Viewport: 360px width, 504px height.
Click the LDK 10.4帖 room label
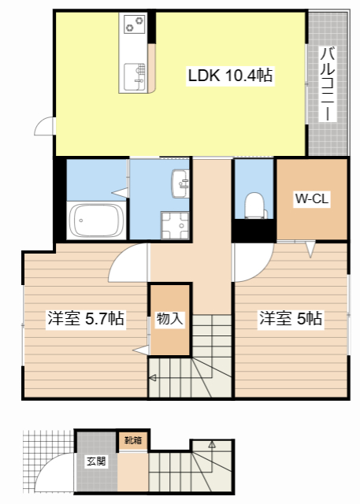(230, 76)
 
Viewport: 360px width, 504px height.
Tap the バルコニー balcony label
(328, 84)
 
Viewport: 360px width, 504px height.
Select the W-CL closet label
(312, 199)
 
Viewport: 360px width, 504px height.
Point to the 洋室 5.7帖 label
(86, 319)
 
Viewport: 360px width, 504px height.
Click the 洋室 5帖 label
(290, 319)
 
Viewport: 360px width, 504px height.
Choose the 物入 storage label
(169, 319)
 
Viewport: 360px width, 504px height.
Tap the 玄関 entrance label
(96, 461)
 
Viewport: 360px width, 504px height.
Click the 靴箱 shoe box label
(133, 440)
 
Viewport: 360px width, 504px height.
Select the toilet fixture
(255, 206)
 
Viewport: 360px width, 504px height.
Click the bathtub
(96, 220)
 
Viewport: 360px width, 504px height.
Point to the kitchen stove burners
(135, 24)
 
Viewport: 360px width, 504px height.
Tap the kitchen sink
(135, 77)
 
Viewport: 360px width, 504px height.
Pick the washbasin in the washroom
(180, 183)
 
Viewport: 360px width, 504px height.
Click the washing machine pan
(175, 225)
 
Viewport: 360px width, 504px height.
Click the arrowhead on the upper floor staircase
(153, 378)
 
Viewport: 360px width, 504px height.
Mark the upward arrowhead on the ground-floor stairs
(211, 444)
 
